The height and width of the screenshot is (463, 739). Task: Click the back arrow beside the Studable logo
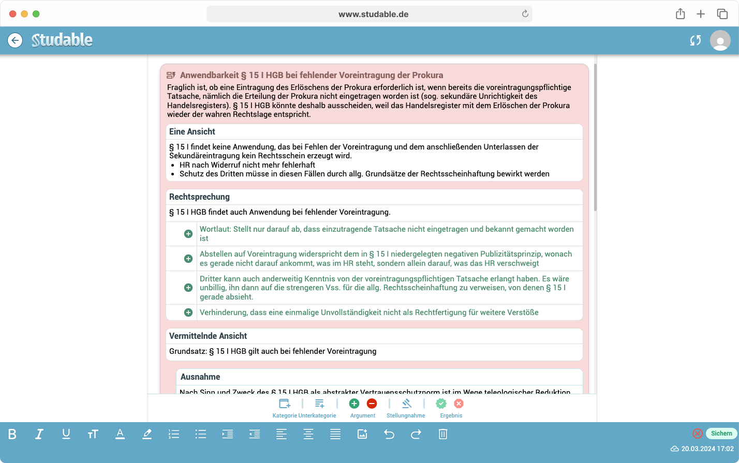pyautogui.click(x=15, y=40)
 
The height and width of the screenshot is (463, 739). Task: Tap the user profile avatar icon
pyautogui.click(x=720, y=40)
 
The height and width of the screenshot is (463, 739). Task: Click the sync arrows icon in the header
pyautogui.click(x=696, y=40)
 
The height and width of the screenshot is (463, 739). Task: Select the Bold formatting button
pyautogui.click(x=12, y=435)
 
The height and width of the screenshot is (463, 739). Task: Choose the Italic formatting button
pyautogui.click(x=39, y=435)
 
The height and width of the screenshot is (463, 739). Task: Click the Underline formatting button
pyautogui.click(x=66, y=435)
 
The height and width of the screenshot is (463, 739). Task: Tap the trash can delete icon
pyautogui.click(x=443, y=435)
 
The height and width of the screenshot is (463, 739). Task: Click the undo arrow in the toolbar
pyautogui.click(x=389, y=435)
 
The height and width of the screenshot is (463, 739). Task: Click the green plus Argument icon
pyautogui.click(x=354, y=404)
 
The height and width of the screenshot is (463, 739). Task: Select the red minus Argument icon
pyautogui.click(x=372, y=404)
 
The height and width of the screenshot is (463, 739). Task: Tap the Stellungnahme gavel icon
pyautogui.click(x=406, y=404)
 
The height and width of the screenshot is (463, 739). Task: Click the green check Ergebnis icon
pyautogui.click(x=441, y=404)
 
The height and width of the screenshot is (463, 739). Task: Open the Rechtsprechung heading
pyautogui.click(x=199, y=197)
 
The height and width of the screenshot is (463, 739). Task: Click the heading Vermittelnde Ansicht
pyautogui.click(x=208, y=336)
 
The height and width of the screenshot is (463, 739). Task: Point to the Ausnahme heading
pyautogui.click(x=200, y=377)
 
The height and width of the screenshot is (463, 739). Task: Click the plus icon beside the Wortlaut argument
pyautogui.click(x=188, y=234)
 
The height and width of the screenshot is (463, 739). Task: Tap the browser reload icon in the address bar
pyautogui.click(x=525, y=14)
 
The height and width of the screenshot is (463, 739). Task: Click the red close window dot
pyautogui.click(x=13, y=14)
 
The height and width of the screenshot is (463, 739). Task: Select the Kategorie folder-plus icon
pyautogui.click(x=285, y=404)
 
